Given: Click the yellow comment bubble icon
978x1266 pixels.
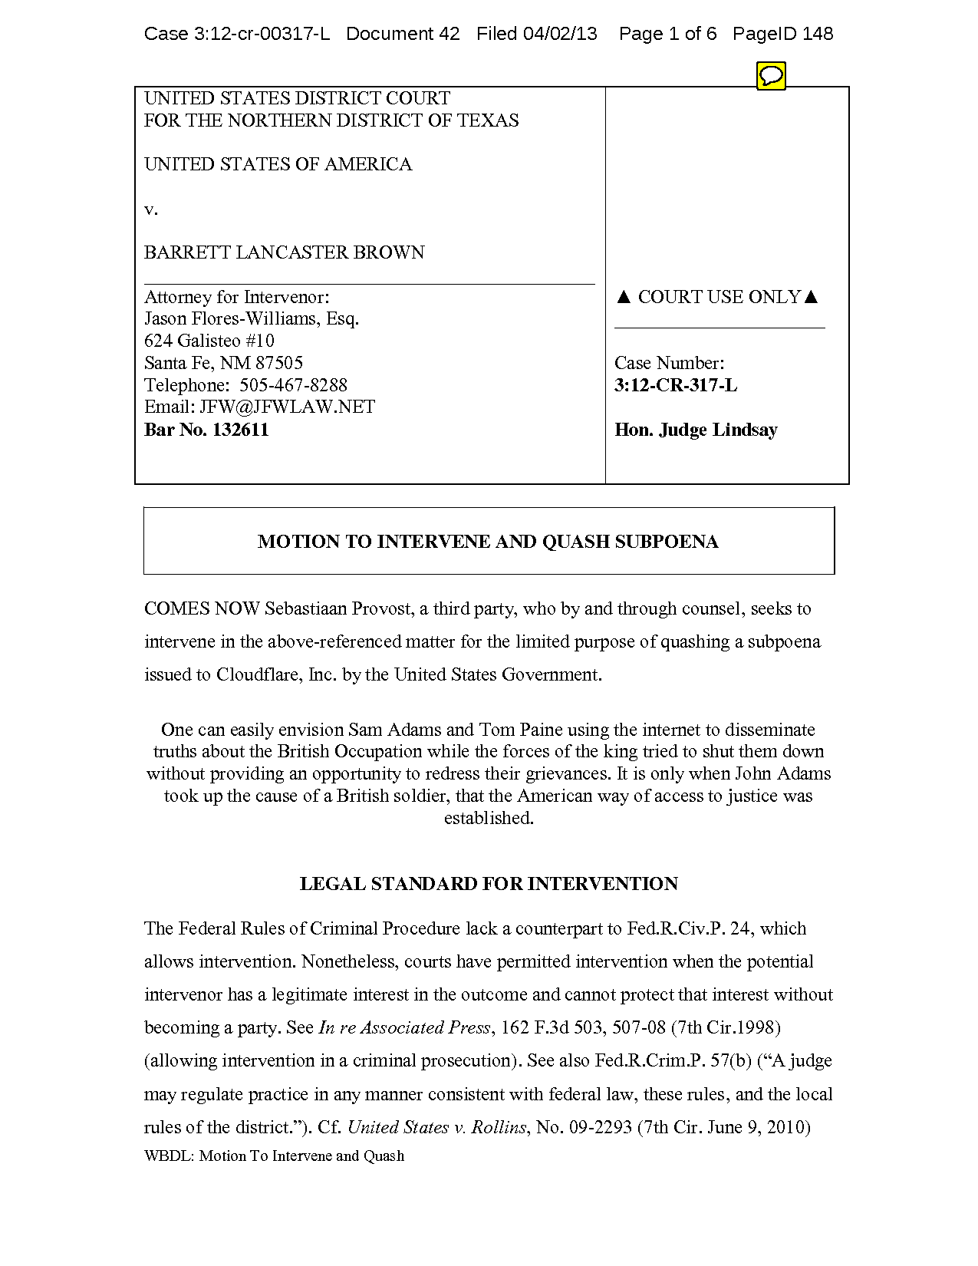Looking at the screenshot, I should (x=771, y=76).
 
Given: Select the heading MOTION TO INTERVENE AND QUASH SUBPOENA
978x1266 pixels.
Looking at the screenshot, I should (x=488, y=542).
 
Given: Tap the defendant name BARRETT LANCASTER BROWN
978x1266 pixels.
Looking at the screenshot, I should (x=284, y=252).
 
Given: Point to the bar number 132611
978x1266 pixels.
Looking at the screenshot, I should (x=240, y=430).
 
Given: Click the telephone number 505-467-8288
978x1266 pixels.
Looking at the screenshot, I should (x=293, y=385).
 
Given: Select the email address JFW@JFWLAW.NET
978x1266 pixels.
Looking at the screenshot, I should (x=287, y=407).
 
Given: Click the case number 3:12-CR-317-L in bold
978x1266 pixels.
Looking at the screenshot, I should (x=676, y=385).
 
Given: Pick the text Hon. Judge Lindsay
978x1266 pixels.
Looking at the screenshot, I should (x=696, y=430).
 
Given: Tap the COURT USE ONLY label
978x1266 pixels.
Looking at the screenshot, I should (x=718, y=297).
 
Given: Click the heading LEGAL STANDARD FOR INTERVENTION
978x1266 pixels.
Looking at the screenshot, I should (x=489, y=884).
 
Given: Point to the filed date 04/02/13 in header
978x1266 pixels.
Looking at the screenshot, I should (x=559, y=34).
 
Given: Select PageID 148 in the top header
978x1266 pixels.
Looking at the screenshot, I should (x=782, y=34).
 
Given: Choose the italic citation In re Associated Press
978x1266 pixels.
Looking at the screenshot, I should (x=404, y=1027).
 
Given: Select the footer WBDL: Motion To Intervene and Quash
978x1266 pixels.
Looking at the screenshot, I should (x=274, y=1156).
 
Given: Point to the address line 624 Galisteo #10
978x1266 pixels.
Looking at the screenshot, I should (x=209, y=341).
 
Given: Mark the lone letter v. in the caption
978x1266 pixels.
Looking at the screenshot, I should (x=151, y=209).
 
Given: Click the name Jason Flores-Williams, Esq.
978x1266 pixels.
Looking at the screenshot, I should (x=252, y=318).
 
